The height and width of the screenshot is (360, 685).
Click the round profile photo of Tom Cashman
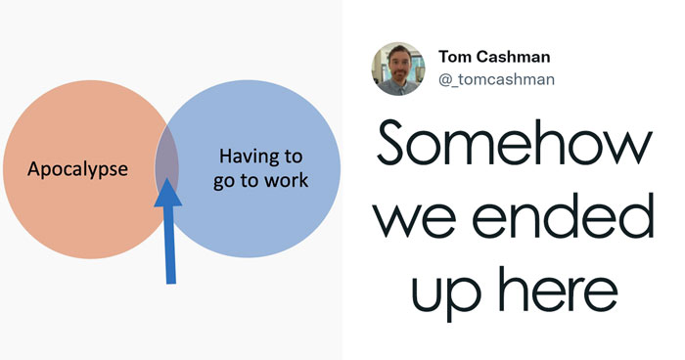tap(396, 68)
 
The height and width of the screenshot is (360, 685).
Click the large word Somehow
tap(513, 146)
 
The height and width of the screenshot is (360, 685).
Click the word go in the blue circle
tap(224, 182)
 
